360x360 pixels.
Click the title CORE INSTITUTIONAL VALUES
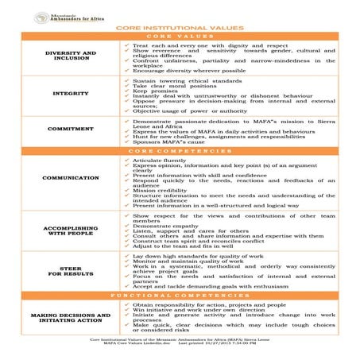(x=180, y=27)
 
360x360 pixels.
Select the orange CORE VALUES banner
(x=180, y=37)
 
